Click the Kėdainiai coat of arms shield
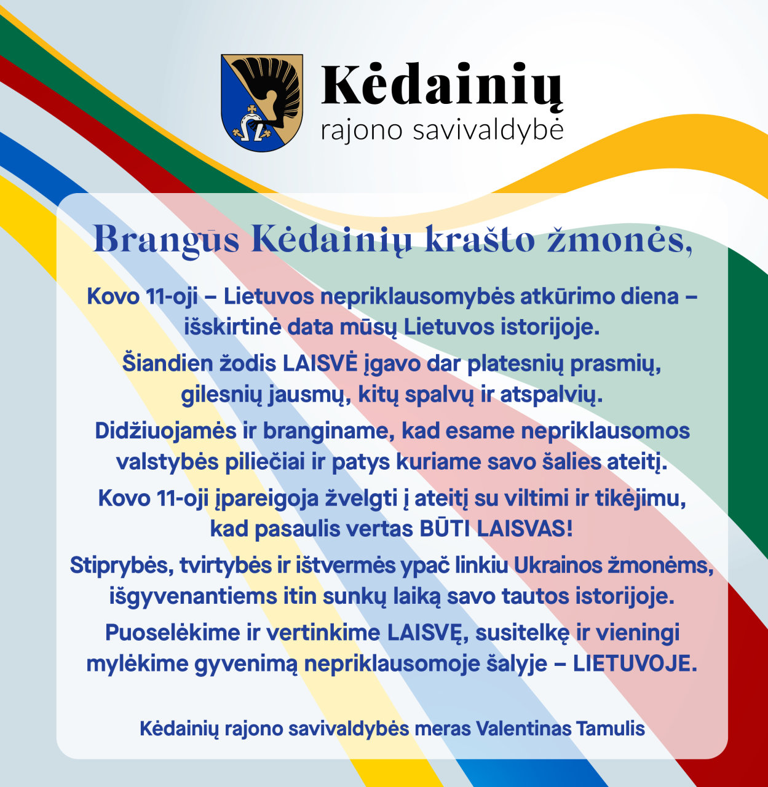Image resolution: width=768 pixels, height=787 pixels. point(262,103)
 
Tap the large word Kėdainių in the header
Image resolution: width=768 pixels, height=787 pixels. point(442,85)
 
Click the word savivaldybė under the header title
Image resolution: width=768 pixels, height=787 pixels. point(488,130)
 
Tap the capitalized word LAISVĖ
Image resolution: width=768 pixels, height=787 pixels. point(320,363)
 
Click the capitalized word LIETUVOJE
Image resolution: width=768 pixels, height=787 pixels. point(635,663)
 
